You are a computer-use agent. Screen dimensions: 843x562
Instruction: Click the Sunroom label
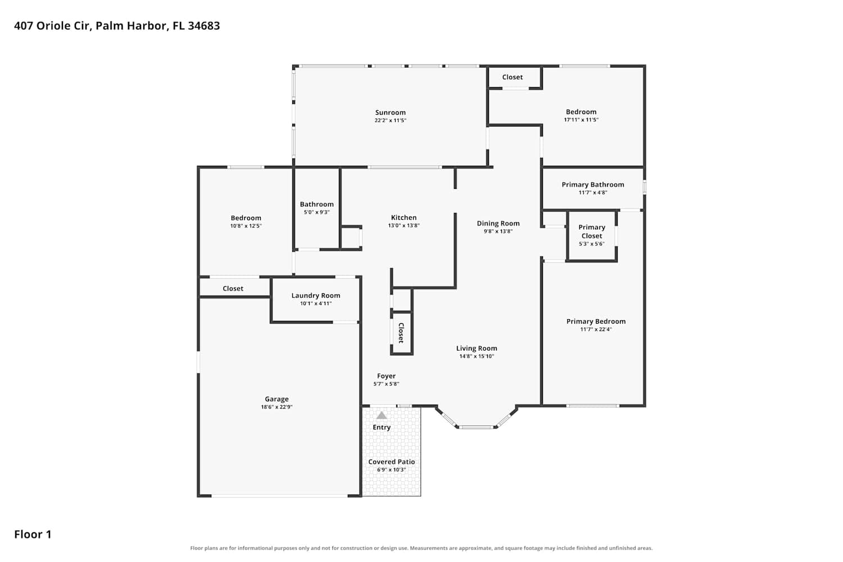[x=390, y=112]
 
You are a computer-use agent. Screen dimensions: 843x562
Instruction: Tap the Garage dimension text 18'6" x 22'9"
[x=277, y=407]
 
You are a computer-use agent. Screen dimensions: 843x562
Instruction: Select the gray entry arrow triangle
[x=382, y=415]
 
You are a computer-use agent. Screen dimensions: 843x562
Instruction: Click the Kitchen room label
[x=404, y=217]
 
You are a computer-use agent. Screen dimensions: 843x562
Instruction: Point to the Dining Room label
[x=498, y=223]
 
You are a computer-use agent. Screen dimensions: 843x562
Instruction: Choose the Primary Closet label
[x=592, y=232]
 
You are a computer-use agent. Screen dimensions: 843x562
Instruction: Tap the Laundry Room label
[x=316, y=296]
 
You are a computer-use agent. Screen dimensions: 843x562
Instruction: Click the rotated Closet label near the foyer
[x=401, y=333]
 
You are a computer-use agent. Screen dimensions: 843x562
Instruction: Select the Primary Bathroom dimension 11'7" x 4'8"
[x=593, y=192]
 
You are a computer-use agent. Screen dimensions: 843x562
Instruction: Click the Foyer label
[x=386, y=375]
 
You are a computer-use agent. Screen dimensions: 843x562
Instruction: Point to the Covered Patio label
[x=391, y=461]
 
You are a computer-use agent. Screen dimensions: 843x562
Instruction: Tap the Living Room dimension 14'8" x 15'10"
[x=477, y=356]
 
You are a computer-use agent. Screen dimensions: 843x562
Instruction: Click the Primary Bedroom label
[x=596, y=321]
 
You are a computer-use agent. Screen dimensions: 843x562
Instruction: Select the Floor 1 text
[x=33, y=534]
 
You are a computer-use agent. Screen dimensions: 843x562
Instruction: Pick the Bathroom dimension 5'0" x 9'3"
[x=316, y=212]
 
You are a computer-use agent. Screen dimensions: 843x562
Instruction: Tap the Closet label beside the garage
[x=233, y=288]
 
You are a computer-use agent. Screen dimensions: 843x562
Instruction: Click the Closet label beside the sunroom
[x=512, y=77]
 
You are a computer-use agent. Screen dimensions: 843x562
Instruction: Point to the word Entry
[x=382, y=427]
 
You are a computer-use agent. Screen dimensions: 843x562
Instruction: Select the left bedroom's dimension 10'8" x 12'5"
[x=246, y=226]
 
